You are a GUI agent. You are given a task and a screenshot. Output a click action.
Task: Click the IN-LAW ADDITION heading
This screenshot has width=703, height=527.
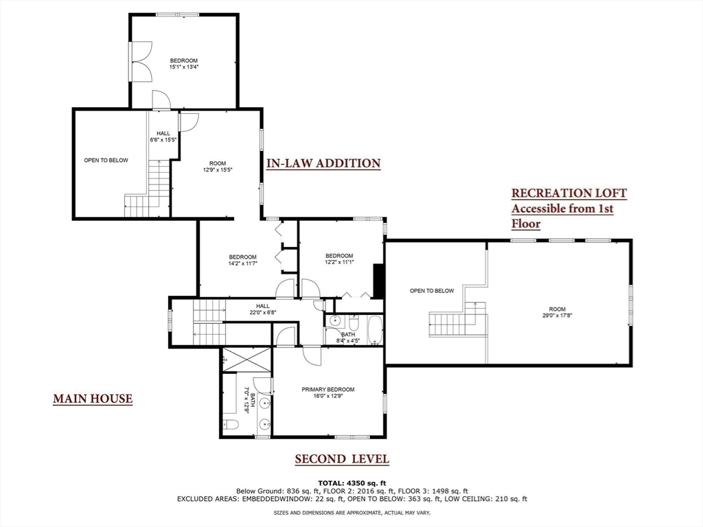tap(323, 163)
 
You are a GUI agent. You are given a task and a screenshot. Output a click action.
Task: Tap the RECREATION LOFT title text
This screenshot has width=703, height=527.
tap(568, 194)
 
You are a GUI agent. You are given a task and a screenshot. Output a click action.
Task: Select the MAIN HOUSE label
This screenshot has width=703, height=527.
tap(93, 399)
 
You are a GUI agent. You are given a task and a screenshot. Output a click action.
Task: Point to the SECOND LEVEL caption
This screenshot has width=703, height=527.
tap(342, 459)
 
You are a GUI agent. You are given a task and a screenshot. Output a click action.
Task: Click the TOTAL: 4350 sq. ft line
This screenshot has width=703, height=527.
tap(351, 482)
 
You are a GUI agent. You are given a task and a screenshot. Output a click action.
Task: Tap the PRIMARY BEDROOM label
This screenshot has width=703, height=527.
tap(327, 390)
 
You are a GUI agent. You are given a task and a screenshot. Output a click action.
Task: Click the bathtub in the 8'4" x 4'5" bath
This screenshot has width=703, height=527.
tap(373, 329)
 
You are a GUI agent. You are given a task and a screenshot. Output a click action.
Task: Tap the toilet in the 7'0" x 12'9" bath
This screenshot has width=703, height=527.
tap(231, 425)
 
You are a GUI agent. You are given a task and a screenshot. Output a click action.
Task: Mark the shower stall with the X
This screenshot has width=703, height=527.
tap(246, 359)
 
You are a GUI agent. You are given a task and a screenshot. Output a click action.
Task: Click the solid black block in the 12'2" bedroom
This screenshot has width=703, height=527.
tap(377, 281)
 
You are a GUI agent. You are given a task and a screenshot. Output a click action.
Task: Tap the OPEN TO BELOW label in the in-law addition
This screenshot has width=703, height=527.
tap(106, 161)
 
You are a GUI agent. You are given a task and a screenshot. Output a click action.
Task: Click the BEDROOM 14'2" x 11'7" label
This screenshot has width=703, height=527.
tap(242, 261)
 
